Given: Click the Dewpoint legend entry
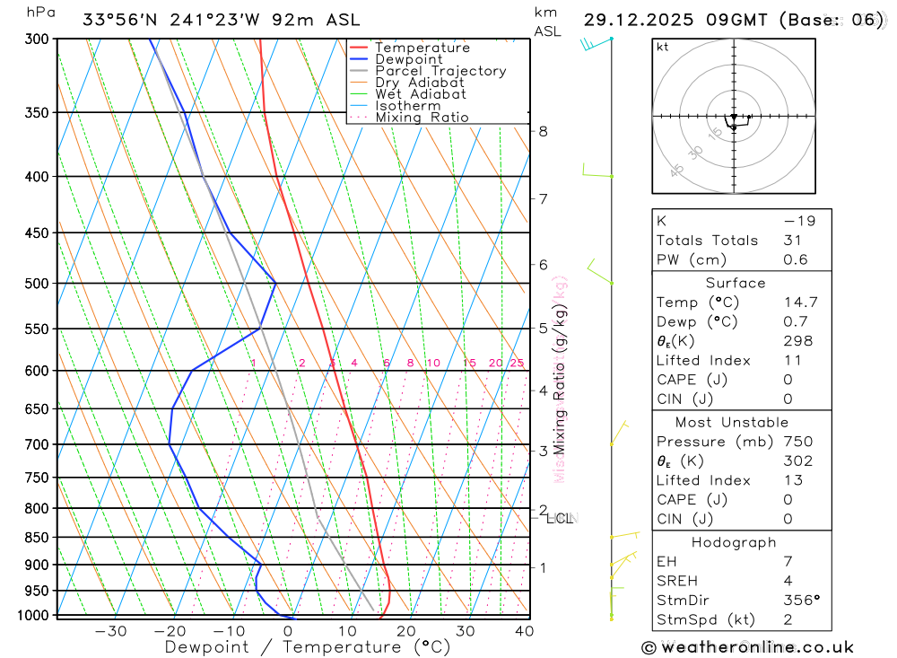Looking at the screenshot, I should coord(408,59).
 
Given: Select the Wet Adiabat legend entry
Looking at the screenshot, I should coord(420,94).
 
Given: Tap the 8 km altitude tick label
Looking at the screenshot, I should coord(543,131).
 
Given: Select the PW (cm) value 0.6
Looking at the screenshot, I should coord(796,260).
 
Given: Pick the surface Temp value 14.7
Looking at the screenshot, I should coord(800,303).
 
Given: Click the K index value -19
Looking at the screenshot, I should coord(795,221).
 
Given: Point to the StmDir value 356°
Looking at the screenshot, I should coord(800,601).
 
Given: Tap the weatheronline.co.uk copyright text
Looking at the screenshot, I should coord(748,647).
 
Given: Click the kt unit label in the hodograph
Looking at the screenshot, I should coord(663,47).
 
